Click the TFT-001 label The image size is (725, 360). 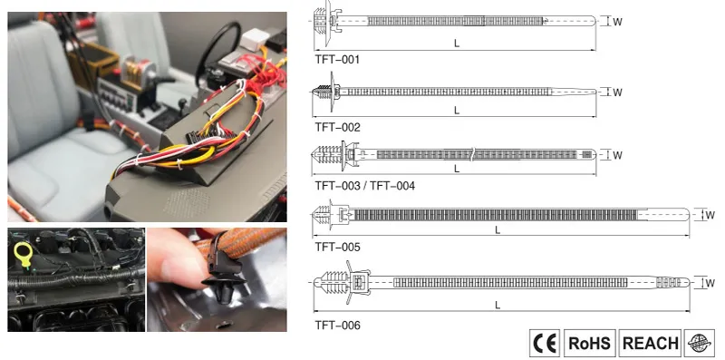coord(337,59)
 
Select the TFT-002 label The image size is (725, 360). coord(337,127)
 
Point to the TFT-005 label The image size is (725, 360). coord(337,246)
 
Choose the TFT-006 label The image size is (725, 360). coord(337,324)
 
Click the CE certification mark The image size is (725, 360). coord(546,343)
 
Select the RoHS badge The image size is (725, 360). coord(589,343)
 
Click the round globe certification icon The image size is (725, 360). coord(700,343)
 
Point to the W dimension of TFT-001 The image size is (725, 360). coord(618,22)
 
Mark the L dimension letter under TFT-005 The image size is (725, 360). coord(498,230)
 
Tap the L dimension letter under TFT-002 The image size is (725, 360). coord(457,111)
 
